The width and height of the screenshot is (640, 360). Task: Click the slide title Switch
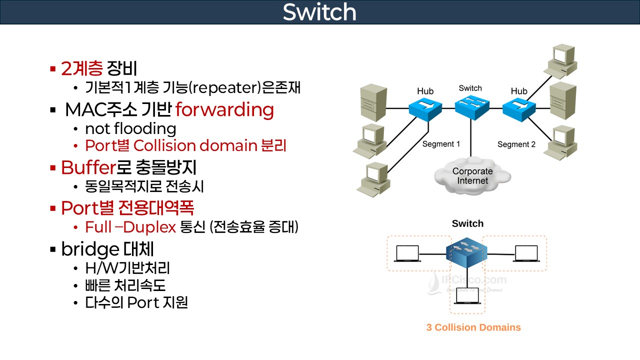[x=319, y=12]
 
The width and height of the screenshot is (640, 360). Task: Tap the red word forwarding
[x=224, y=109]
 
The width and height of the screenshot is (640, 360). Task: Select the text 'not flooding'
[x=130, y=129]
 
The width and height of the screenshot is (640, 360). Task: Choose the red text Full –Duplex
[x=130, y=227]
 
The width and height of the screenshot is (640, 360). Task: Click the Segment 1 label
[x=441, y=144]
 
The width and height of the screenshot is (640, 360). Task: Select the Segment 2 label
[x=516, y=144]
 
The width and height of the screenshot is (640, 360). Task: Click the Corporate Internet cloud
[x=472, y=175]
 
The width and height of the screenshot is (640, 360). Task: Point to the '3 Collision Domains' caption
[x=473, y=327]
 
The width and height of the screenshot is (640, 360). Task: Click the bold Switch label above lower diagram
[x=467, y=223]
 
